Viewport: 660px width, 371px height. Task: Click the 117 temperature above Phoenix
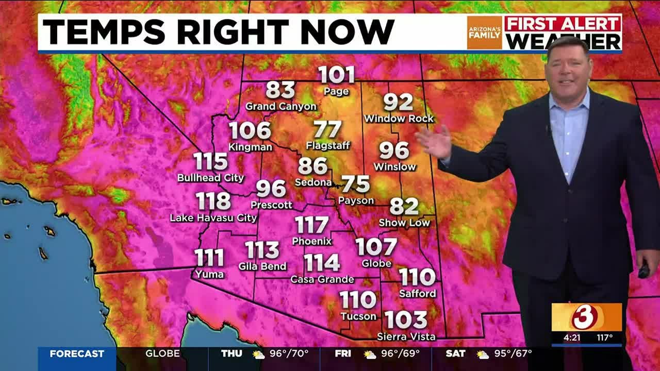[312, 225]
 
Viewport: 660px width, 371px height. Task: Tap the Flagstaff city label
[328, 146]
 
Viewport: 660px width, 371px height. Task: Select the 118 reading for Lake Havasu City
[213, 200]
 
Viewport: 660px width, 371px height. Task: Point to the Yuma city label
[209, 274]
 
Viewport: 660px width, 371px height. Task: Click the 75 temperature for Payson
[356, 184]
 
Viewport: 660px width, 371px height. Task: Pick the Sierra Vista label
[406, 337]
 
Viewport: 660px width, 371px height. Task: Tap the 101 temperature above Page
[337, 75]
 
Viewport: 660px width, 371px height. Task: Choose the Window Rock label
[399, 119]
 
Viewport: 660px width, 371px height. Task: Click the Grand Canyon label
[280, 107]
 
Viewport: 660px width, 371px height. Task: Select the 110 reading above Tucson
[358, 299]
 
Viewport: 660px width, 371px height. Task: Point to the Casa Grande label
[322, 280]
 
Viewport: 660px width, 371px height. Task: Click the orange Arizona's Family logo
[484, 33]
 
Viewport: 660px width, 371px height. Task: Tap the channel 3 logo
[586, 317]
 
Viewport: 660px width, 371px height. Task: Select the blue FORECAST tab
[77, 354]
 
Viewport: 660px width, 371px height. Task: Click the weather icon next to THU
[258, 355]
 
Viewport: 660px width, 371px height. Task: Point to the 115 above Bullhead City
[211, 162]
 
